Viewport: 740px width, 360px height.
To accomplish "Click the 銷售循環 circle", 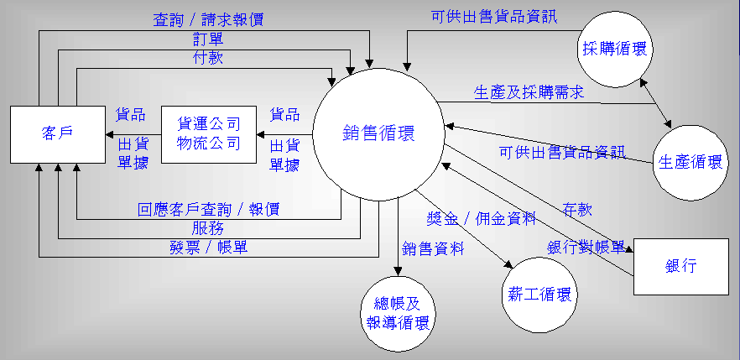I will coord(378,134).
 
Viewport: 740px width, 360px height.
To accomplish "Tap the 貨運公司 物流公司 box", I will coord(208,134).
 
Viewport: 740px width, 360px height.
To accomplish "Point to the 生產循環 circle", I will coord(690,162).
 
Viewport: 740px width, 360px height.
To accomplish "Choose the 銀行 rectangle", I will coord(681,266).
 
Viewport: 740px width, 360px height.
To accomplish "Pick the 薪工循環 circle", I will coord(540,295).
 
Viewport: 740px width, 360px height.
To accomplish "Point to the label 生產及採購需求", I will coord(529,91).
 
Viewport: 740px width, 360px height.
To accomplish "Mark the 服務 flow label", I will coord(208,228).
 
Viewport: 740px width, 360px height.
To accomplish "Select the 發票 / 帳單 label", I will coord(208,248).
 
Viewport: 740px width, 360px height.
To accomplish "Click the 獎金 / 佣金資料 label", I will coord(481,220).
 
